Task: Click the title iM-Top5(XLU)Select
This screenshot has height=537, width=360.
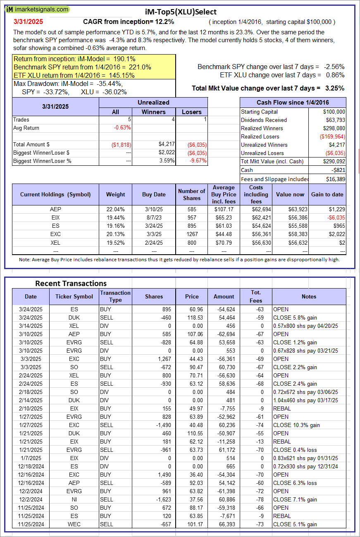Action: pyautogui.click(x=181, y=12)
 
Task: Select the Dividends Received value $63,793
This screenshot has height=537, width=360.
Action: pyautogui.click(x=334, y=120)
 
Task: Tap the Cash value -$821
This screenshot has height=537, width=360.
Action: pyautogui.click(x=338, y=170)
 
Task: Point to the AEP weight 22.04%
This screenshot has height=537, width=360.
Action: pyautogui.click(x=115, y=209)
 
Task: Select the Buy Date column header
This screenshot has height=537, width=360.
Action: pyautogui.click(x=154, y=194)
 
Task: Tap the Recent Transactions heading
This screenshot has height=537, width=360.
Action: pyautogui.click(x=71, y=283)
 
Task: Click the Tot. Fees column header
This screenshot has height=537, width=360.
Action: pyautogui.click(x=256, y=296)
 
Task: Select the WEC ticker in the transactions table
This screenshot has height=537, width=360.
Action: pyautogui.click(x=74, y=524)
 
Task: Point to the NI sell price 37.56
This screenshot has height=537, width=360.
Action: pyautogui.click(x=192, y=499)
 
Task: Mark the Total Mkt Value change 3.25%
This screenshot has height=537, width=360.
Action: pyautogui.click(x=335, y=88)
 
